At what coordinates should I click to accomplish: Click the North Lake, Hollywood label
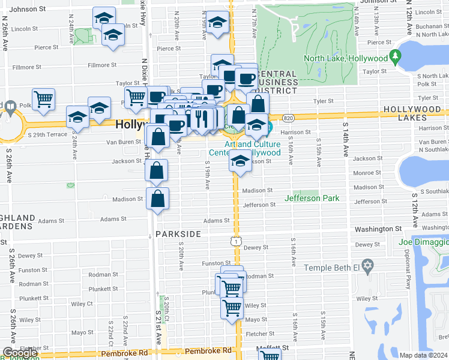(345, 59)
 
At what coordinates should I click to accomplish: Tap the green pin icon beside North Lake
(394, 58)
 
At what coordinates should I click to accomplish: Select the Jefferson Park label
(312, 198)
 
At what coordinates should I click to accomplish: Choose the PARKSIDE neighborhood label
(178, 234)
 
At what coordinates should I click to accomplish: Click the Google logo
(20, 353)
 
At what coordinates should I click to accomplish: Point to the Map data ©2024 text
(423, 355)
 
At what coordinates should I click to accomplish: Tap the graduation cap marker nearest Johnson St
(104, 18)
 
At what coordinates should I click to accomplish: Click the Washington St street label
(378, 229)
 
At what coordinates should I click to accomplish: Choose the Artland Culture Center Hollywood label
(253, 148)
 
